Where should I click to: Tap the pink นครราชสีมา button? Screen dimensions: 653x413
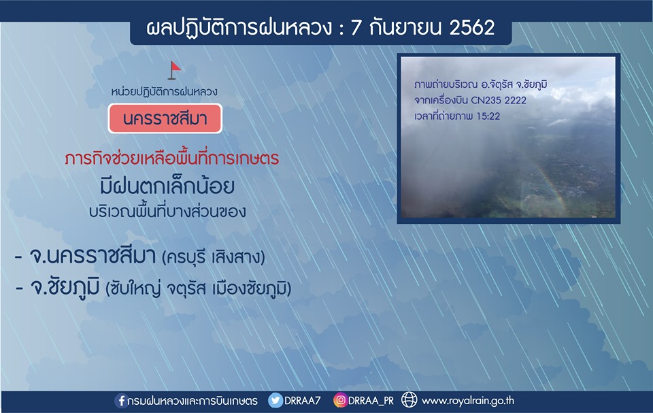tap(165, 119)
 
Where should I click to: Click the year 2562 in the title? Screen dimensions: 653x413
tap(472, 28)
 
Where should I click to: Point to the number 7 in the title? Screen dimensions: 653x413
tap(355, 28)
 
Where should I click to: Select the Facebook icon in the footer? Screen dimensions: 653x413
tap(121, 401)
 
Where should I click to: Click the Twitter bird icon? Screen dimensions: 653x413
tap(275, 401)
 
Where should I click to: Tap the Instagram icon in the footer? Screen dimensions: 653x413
tap(340, 401)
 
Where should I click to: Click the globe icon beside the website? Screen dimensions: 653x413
tap(409, 400)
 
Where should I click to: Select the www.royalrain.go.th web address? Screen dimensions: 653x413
tap(468, 401)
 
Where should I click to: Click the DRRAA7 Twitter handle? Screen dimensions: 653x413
tap(302, 401)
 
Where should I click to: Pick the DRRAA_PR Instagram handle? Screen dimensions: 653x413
tap(371, 401)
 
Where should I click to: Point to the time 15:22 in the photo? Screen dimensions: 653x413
tap(488, 116)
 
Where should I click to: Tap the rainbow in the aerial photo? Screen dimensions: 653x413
tap(548, 184)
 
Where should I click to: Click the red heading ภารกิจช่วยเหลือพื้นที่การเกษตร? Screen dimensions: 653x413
tap(171, 159)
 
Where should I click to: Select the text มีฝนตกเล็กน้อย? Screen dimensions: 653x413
tap(167, 186)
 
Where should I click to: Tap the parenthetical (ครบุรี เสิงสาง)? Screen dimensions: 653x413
tap(214, 257)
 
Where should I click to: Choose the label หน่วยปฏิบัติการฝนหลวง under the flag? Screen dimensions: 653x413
tap(164, 91)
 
